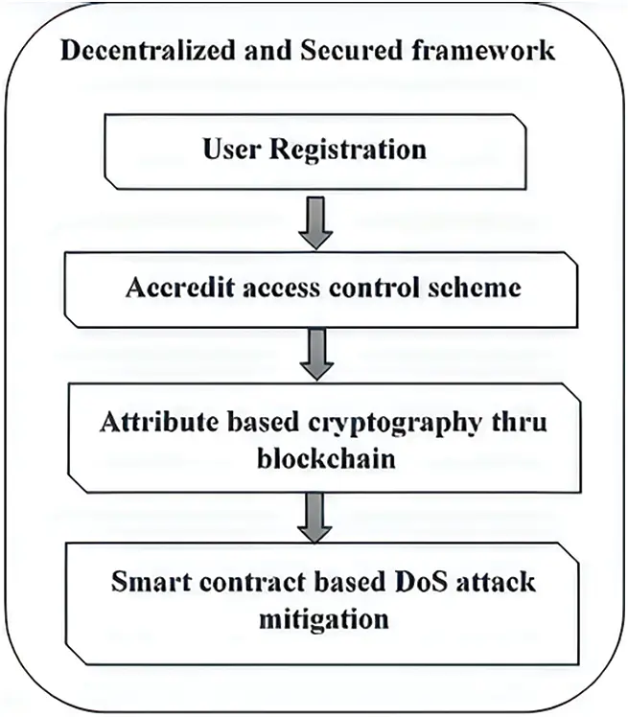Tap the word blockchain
coord(314,459)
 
